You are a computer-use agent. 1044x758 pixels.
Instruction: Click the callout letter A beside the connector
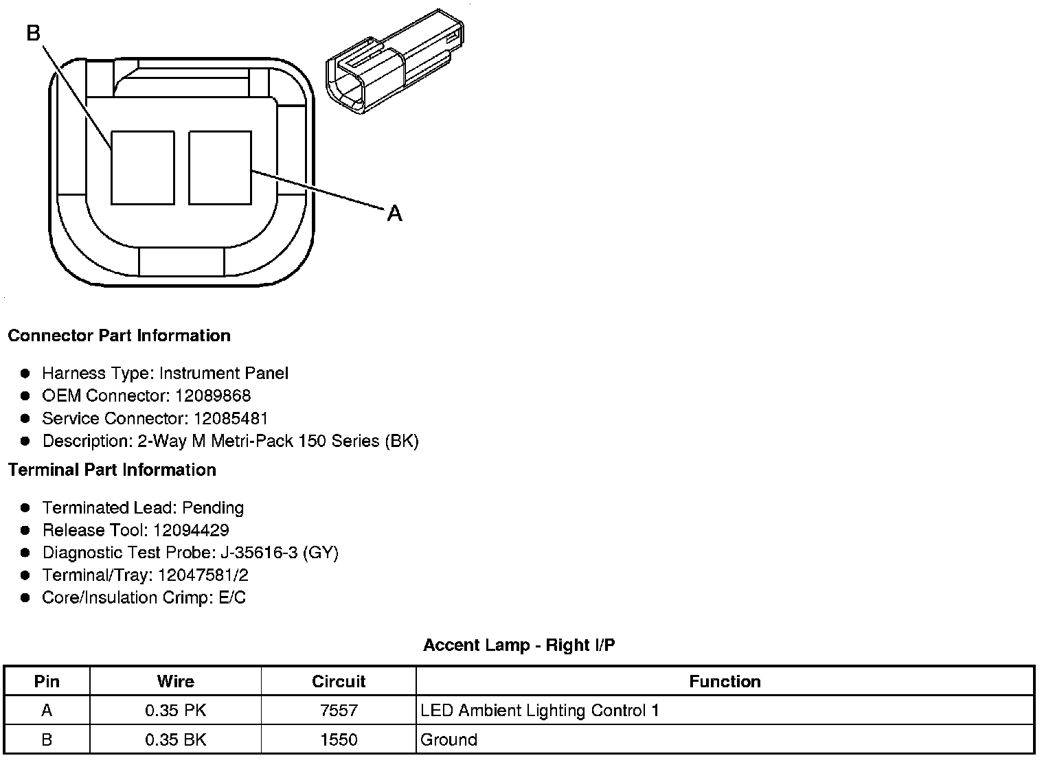[x=394, y=214]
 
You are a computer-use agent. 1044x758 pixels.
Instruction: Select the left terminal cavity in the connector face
[x=142, y=168]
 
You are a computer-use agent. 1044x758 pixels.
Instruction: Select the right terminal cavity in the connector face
[x=220, y=168]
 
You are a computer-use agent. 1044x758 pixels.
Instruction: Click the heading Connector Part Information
[x=119, y=336]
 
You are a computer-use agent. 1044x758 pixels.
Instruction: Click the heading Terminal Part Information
[x=112, y=470]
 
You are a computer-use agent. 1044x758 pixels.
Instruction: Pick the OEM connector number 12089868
[x=213, y=395]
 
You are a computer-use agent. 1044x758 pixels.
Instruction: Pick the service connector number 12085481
[x=231, y=418]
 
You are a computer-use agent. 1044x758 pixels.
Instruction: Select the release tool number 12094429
[x=191, y=530]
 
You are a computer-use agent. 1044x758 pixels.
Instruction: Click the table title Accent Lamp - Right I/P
[x=519, y=645]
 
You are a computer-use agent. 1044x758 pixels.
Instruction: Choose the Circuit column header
[x=339, y=681]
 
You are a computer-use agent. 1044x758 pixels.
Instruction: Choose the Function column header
[x=725, y=681]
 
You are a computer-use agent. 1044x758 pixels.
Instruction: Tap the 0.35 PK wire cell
[x=175, y=711]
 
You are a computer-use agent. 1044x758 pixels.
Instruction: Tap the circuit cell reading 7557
[x=339, y=711]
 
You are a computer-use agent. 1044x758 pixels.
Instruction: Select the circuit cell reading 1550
[x=339, y=739]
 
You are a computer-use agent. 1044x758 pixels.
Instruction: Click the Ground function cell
[x=449, y=739]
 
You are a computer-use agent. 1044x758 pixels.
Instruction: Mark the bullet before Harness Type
[x=25, y=374]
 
